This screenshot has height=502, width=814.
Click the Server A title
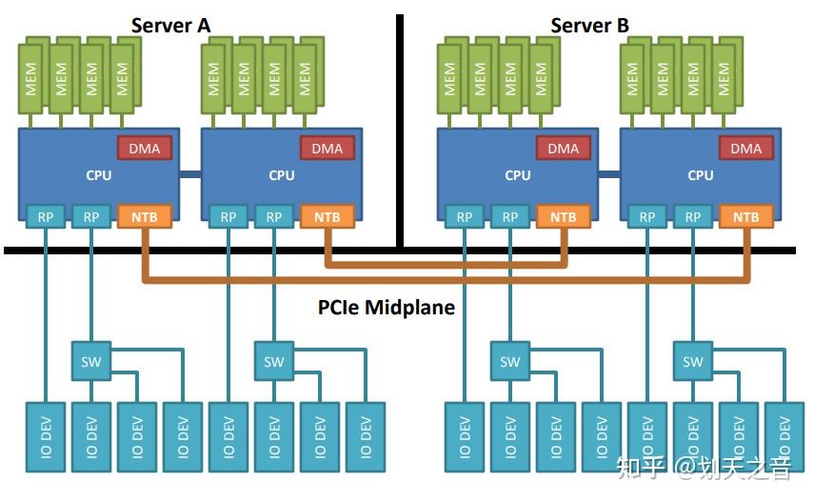coord(170,26)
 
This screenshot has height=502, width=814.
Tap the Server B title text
coord(589,26)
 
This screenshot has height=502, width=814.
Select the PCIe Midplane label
coord(386,308)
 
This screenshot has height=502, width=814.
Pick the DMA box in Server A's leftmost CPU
coord(145,148)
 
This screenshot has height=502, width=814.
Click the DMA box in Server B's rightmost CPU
coord(746,148)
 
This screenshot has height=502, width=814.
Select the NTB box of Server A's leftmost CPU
coord(145,217)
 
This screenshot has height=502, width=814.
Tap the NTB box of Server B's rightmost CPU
coord(746,217)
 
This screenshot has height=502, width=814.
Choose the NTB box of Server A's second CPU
coord(328,217)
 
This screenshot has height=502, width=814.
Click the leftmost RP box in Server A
coord(46,217)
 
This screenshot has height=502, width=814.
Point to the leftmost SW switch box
coord(91,361)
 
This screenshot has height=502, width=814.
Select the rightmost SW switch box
coord(693,361)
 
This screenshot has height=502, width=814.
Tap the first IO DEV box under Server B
coord(465,437)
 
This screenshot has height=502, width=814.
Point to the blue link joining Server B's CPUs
coord(608,174)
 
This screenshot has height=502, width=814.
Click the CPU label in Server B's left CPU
coord(517,175)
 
